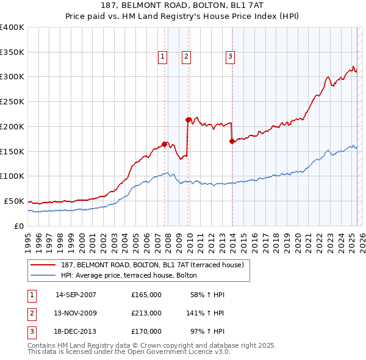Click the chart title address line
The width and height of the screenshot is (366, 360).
[182, 7]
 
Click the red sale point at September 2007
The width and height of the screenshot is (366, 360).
[164, 144]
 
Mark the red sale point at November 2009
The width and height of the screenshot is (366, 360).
[188, 120]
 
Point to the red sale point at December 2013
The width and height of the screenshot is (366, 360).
[232, 141]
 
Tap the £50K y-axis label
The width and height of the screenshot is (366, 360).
[15, 201]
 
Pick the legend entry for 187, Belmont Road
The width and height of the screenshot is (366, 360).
[152, 265]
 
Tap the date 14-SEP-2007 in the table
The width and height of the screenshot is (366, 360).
[76, 295]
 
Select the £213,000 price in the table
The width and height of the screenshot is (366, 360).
[146, 313]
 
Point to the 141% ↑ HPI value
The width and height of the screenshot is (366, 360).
[206, 313]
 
